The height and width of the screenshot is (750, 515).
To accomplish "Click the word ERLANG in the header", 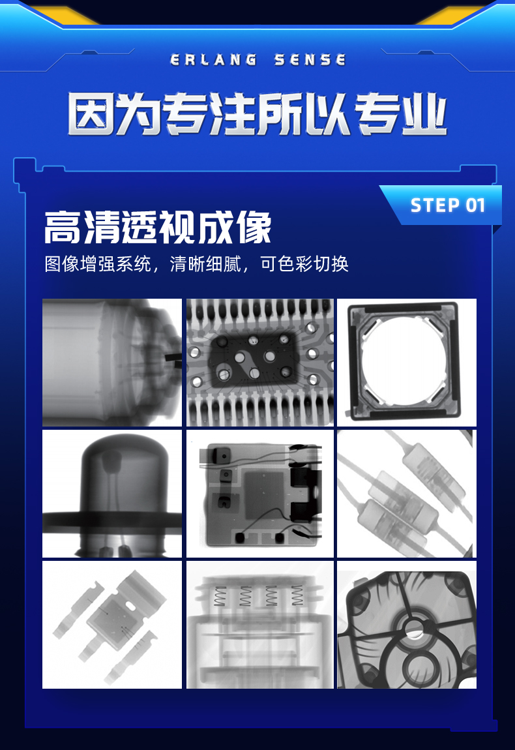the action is pos(213,60).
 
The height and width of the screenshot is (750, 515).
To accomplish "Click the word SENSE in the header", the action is pos(310,60).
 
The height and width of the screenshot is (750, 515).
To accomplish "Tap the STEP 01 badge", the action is pos(448,205).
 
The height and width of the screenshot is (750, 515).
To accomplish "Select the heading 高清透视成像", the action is pos(158,228).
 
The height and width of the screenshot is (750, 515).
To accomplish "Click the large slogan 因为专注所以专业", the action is pos(257,114).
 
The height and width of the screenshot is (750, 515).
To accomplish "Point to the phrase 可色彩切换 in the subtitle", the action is pos(304,263).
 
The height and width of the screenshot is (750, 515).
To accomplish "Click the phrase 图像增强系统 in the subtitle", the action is pos(98,263).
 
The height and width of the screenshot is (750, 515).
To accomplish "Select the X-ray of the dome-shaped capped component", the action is pos(112,494).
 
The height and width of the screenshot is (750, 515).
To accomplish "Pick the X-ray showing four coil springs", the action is pos(259,625).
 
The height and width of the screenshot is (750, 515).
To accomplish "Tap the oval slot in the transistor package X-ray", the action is pos(130,606).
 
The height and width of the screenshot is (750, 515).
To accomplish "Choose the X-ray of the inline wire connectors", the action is pos(406,494).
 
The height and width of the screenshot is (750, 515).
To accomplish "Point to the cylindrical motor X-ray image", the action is pos(112,362).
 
